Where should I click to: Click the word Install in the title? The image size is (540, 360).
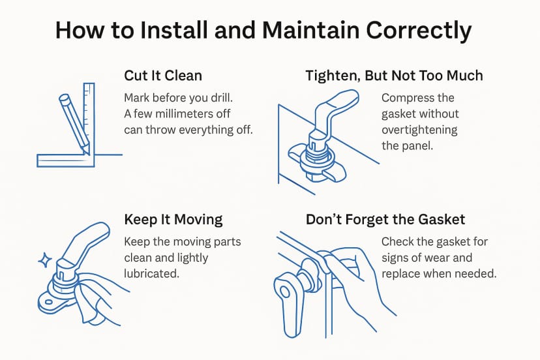coord(173,30)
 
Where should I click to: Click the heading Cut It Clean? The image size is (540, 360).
coord(163,76)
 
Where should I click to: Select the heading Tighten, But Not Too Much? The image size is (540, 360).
coord(395,76)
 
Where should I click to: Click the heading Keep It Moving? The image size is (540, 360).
coord(173,220)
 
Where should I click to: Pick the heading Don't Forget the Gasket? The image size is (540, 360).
coord(385,219)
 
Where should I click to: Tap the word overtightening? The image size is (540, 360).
coord(419,130)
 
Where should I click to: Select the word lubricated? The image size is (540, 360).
coord(151,273)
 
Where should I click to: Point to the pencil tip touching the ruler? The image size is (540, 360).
coord(87,153)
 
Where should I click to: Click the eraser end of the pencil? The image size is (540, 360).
coord(64,98)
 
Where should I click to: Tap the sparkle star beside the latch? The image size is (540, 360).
coord(45,260)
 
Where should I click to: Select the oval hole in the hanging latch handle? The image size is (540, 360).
coord(285,292)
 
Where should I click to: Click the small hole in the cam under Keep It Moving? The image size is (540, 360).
coord(48,303)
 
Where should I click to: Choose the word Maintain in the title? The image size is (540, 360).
coord(311,30)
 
